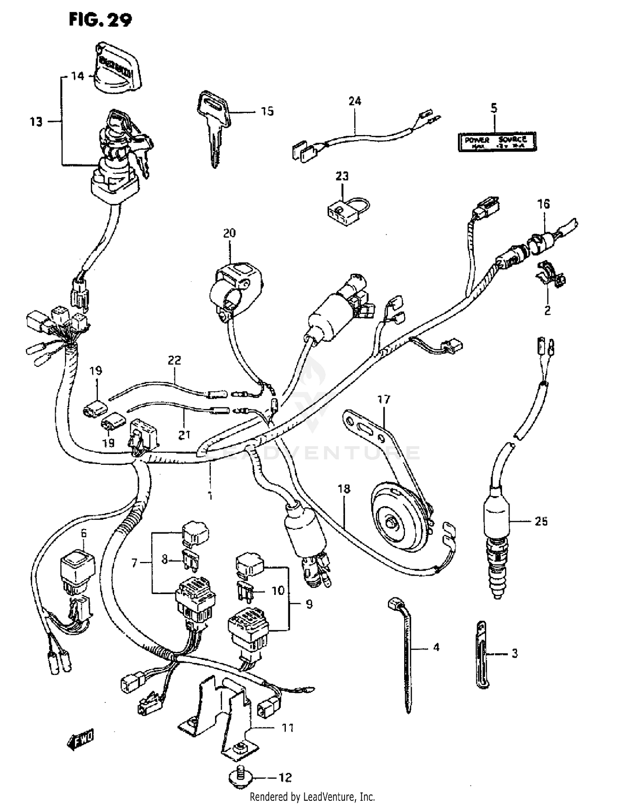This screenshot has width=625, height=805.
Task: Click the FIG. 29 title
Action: point(100,20)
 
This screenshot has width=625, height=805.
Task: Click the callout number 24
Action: point(355,101)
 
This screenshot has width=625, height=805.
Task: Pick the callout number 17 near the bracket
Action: point(384,399)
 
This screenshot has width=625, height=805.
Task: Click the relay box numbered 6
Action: point(78,567)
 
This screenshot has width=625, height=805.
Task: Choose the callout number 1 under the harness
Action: point(210,496)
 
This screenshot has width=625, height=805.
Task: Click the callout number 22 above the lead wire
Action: point(175,360)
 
